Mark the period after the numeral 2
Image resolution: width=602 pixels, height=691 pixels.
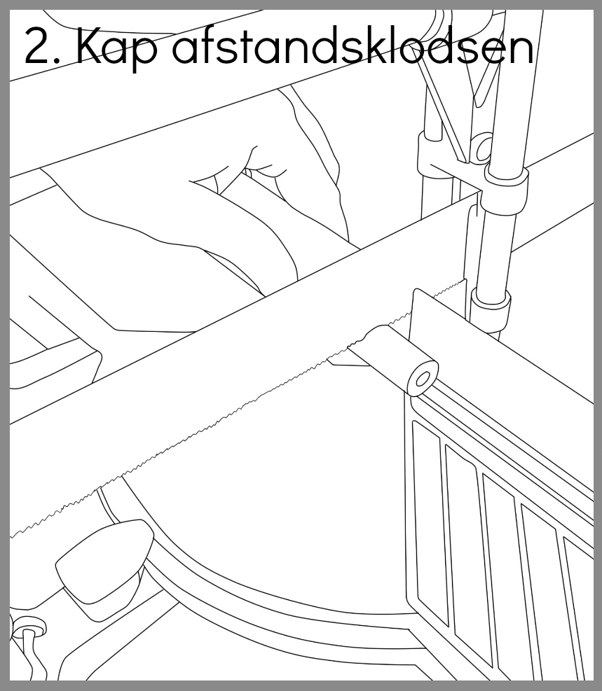(x=59, y=61)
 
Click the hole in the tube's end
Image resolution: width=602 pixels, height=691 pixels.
(x=423, y=379)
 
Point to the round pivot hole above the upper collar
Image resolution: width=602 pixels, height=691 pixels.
(x=484, y=148)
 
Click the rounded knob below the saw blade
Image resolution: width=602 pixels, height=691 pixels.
(x=104, y=561)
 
